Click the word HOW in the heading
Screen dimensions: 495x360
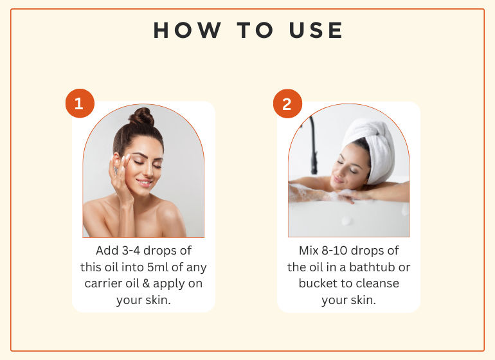187,30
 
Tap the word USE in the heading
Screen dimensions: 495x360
316,30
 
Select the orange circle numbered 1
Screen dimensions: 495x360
80,104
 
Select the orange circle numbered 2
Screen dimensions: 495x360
287,104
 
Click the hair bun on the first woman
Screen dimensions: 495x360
142,116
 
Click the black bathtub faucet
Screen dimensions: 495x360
313,145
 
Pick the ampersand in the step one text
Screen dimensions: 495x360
146,283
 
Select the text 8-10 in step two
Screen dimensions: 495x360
334,251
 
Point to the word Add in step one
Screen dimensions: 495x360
107,251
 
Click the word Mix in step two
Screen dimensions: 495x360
309,251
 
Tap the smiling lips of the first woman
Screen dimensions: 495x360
144,182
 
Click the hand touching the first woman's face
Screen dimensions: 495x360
120,177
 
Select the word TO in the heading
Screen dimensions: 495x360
255,30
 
